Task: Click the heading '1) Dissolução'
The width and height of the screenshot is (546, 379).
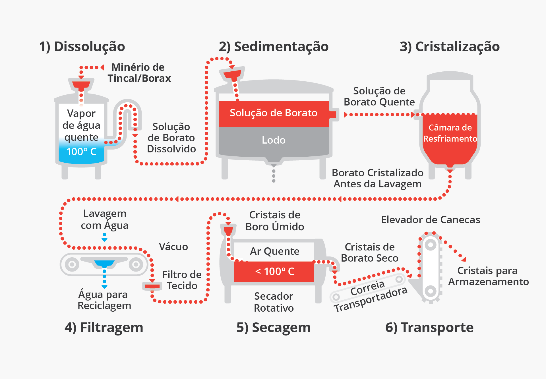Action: tap(82, 47)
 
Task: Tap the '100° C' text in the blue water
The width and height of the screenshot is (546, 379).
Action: tap(82, 152)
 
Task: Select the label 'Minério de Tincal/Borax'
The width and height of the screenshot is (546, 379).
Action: tap(139, 73)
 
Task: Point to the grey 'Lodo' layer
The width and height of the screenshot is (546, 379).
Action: tap(274, 140)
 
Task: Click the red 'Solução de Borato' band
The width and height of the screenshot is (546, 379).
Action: tap(274, 113)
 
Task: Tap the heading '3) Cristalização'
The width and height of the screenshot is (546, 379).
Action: tap(450, 47)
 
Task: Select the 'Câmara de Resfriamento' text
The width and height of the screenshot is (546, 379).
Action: tap(450, 133)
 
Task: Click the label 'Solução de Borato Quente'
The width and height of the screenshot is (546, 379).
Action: tap(379, 96)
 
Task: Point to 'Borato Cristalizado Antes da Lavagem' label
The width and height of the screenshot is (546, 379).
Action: tap(377, 178)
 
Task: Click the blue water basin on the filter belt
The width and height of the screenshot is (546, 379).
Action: tap(104, 263)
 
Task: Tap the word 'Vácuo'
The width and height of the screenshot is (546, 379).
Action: tap(173, 247)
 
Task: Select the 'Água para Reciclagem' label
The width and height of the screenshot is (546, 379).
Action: tap(104, 300)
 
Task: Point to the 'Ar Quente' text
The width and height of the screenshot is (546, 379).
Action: tap(274, 251)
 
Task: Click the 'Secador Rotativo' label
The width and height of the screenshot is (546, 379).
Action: tap(274, 302)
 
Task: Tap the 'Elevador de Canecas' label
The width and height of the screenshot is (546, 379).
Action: tap(431, 220)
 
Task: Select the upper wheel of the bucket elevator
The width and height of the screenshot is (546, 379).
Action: tap(430, 245)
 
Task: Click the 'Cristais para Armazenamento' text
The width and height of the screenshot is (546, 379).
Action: tap(488, 276)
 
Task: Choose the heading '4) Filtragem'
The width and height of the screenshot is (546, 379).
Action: tap(104, 328)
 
